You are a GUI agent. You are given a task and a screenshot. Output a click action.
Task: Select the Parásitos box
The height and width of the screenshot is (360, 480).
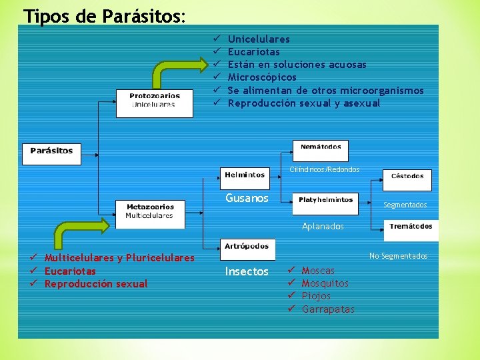click(51, 153)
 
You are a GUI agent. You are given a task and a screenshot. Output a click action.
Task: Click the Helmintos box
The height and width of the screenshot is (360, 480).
click(245, 176)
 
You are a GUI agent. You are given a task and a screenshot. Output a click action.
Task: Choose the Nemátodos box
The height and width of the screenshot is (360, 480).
click(321, 149)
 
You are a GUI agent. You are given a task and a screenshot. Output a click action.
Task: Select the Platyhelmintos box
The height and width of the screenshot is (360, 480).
click(326, 202)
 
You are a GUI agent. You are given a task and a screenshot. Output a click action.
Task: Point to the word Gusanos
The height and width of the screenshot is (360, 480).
click(247, 198)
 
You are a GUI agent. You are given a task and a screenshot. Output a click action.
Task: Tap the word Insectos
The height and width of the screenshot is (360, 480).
click(247, 271)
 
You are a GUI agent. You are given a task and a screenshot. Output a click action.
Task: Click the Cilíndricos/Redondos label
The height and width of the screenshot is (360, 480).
click(324, 169)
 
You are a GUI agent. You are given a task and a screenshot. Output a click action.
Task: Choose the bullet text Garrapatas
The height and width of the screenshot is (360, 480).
click(328, 309)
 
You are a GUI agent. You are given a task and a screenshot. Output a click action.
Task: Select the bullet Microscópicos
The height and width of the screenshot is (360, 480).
click(262, 77)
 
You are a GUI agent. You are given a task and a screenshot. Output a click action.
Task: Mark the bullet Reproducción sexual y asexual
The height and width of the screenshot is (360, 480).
click(304, 103)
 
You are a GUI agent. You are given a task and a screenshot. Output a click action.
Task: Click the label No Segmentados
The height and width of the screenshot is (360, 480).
click(399, 256)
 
